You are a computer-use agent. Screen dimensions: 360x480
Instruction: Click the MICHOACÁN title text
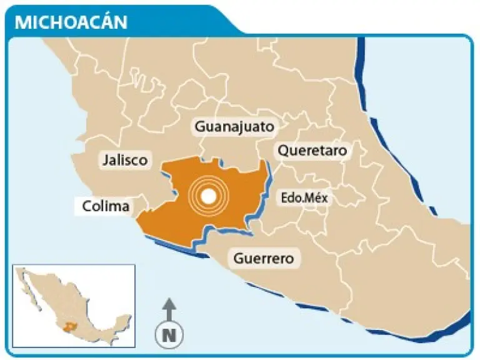point(71,22)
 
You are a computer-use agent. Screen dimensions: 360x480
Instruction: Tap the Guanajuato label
point(234,127)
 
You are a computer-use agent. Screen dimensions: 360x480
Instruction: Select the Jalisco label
point(125,160)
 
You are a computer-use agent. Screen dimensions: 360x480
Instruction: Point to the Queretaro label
point(312,151)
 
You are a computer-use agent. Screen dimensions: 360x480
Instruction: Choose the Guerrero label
point(263,257)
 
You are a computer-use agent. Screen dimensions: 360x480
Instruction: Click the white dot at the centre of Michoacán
point(210,197)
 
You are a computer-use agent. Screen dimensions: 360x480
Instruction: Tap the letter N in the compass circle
point(168,335)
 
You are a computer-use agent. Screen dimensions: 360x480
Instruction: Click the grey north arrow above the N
point(168,309)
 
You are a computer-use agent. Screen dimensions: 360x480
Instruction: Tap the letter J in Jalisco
point(105,160)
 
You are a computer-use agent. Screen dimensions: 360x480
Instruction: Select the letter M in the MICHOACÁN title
point(21,22)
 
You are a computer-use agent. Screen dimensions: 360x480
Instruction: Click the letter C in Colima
point(86,206)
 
